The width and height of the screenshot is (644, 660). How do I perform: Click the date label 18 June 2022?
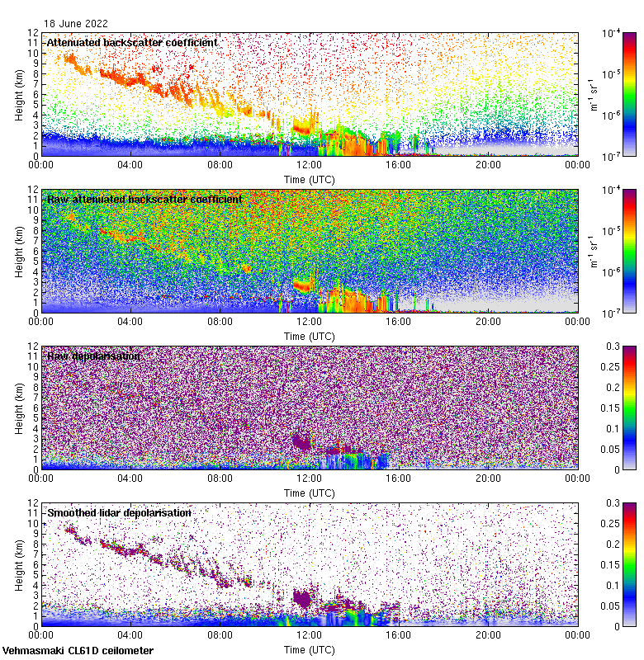[x=76, y=24]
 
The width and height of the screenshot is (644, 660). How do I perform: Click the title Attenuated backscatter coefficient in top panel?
[x=132, y=42]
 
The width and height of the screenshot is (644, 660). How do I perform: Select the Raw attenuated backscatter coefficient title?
[x=144, y=199]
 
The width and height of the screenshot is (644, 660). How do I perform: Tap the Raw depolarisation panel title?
[x=93, y=356]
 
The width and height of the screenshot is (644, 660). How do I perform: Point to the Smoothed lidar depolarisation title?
[x=119, y=512]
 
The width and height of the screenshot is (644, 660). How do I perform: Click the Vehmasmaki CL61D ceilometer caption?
[x=78, y=651]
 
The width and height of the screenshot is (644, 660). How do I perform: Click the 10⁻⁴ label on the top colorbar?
[x=612, y=33]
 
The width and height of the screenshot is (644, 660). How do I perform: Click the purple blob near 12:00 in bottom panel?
[x=304, y=598]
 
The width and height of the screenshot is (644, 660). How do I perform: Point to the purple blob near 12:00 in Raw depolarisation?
[x=302, y=441]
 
